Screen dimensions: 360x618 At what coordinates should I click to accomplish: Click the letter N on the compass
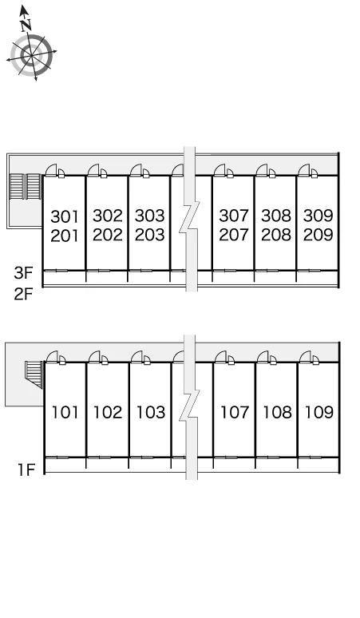[26, 25]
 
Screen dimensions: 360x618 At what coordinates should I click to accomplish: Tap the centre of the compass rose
[31, 55]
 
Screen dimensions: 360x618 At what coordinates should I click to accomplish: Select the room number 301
[65, 216]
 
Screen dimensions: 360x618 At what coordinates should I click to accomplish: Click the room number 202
[108, 235]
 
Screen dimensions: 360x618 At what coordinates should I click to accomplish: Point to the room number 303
[150, 216]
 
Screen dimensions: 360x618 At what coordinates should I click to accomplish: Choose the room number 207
[234, 235]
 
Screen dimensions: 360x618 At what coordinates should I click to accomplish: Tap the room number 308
[276, 216]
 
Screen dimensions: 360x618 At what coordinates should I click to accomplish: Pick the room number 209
[318, 235]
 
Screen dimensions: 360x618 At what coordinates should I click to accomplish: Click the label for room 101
[65, 412]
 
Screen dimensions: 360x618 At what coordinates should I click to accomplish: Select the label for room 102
[108, 412]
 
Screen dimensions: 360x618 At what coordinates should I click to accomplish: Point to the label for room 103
[150, 412]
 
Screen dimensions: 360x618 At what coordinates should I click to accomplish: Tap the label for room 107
[235, 412]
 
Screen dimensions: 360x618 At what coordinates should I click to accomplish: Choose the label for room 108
[277, 412]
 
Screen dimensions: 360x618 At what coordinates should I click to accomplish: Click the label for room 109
[319, 412]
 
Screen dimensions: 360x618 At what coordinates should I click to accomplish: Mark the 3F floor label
[24, 273]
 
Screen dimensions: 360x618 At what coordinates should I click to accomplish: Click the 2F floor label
[23, 294]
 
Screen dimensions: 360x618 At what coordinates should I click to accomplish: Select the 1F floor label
[26, 469]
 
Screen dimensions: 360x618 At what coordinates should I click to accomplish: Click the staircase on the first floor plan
[34, 374]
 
